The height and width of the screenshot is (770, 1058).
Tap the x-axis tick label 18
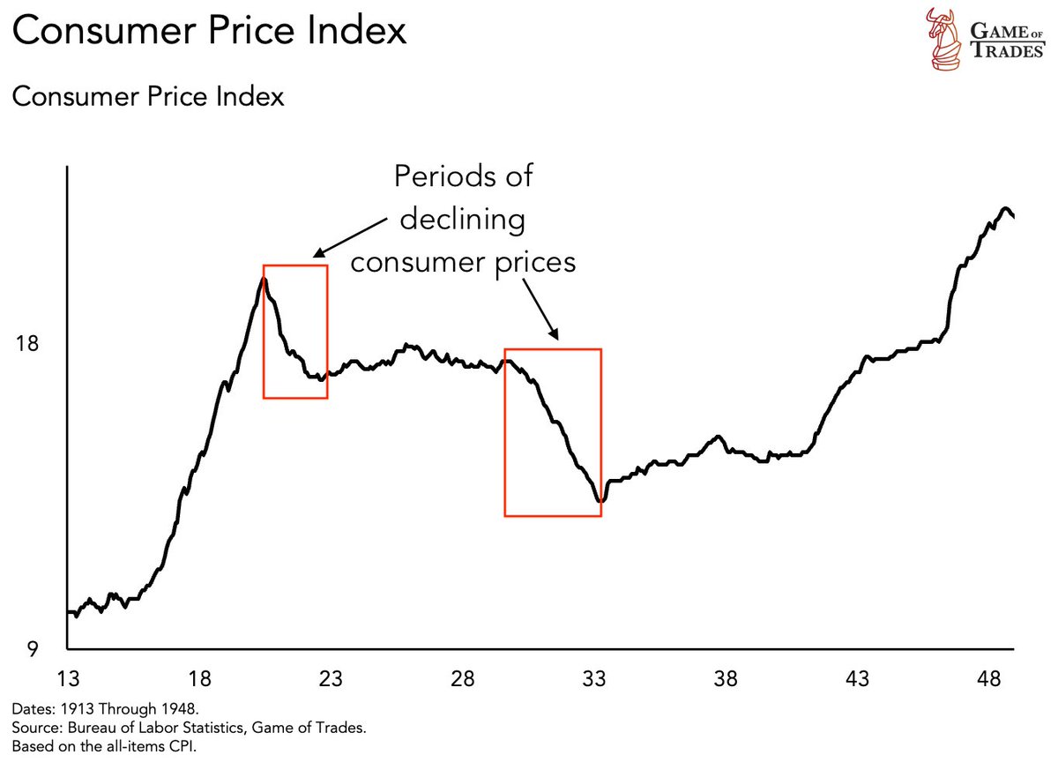(x=198, y=680)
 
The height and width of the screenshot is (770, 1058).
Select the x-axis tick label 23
(x=330, y=680)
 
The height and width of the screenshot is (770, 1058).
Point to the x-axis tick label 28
(x=462, y=680)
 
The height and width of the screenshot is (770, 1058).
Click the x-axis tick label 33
(x=593, y=680)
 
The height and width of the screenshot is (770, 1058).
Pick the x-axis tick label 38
(x=726, y=680)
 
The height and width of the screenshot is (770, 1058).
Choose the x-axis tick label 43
(x=857, y=680)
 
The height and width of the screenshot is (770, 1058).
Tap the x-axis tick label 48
(x=989, y=680)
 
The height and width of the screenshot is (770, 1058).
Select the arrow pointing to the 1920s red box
(x=353, y=234)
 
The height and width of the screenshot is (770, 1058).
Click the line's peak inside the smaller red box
(x=263, y=279)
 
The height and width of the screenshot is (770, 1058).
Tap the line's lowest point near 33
(x=600, y=501)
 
